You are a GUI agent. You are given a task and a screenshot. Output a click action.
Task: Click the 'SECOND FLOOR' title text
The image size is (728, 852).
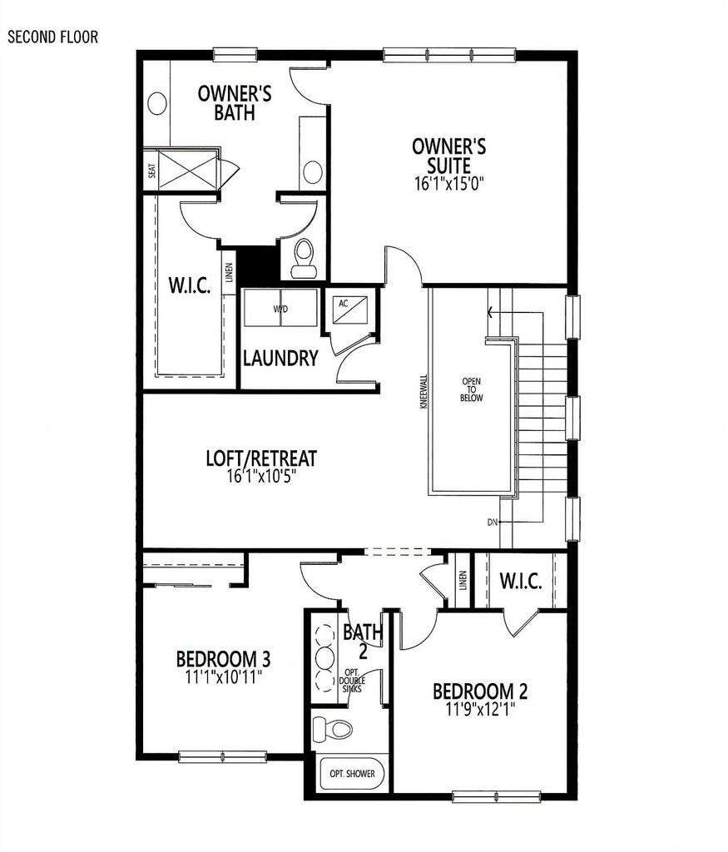52,37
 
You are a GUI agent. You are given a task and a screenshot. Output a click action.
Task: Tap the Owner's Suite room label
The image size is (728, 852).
448,156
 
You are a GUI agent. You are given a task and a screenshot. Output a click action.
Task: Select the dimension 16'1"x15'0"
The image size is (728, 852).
448,183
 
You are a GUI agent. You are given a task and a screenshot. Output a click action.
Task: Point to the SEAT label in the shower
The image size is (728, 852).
151,171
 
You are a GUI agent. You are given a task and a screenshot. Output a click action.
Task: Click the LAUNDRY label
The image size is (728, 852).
280,359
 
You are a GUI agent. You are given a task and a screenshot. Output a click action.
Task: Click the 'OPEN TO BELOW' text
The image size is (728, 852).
471,390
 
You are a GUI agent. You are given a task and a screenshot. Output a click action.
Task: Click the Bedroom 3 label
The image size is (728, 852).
223,659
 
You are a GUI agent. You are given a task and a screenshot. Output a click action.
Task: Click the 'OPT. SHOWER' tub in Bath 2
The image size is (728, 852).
353,774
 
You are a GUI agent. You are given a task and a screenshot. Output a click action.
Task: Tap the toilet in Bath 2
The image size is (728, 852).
333,729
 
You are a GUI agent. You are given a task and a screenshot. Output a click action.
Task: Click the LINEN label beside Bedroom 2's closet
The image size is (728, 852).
463,580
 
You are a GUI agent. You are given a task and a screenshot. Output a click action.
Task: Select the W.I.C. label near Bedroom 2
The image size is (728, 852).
521,582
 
